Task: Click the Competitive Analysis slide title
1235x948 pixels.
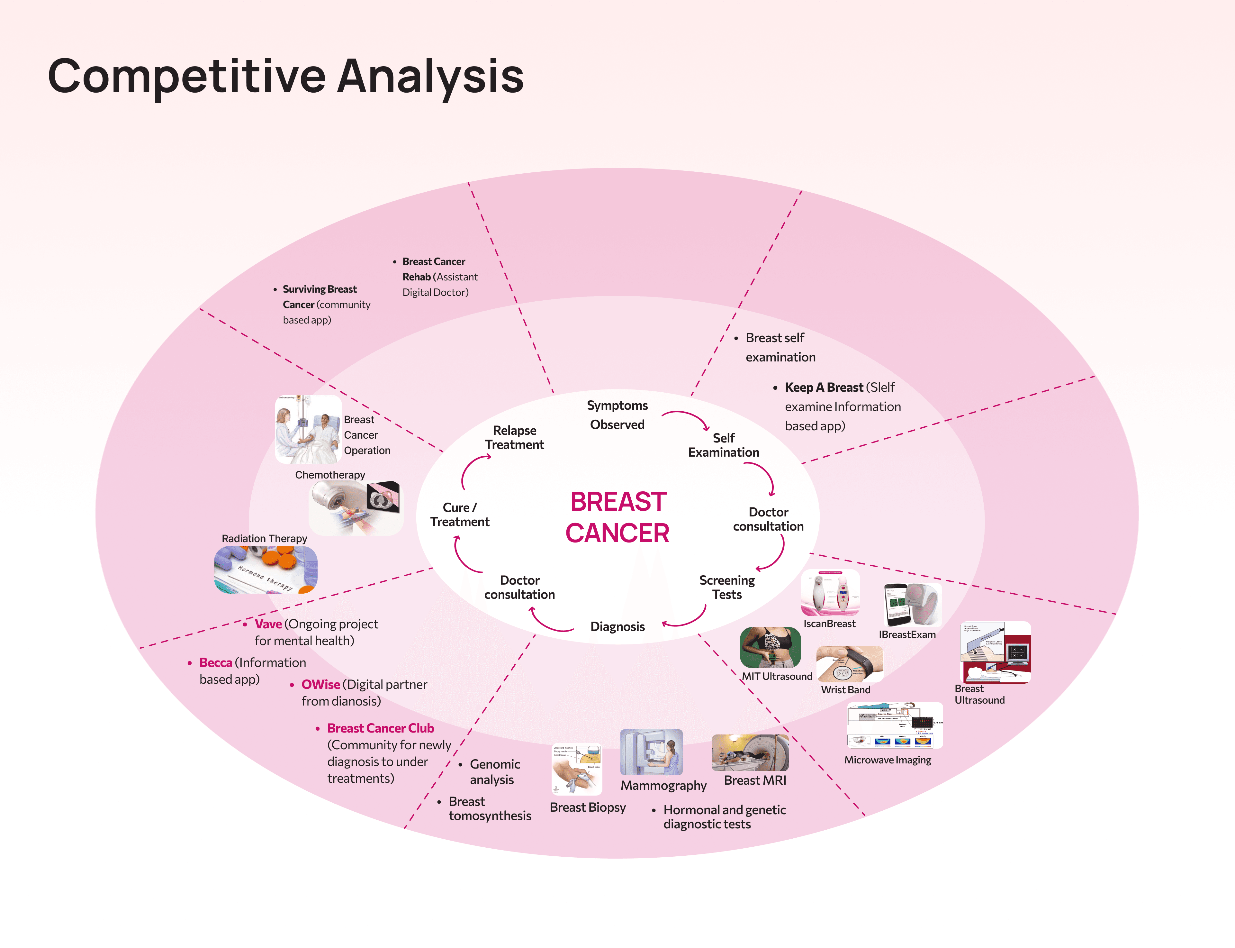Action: point(285,76)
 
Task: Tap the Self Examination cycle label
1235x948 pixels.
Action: point(724,445)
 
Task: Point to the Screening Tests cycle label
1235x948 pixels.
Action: point(727,588)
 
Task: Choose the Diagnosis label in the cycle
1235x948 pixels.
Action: point(617,626)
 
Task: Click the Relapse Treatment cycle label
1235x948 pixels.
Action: point(514,437)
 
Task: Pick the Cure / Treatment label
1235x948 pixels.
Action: point(460,515)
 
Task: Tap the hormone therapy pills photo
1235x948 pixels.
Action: point(265,570)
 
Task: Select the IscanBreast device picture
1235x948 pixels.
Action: point(830,592)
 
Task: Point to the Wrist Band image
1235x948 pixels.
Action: point(849,664)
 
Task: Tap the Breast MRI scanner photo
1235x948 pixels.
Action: point(750,753)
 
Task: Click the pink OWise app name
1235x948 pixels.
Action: point(320,685)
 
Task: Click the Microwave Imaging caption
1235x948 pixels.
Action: point(887,760)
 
